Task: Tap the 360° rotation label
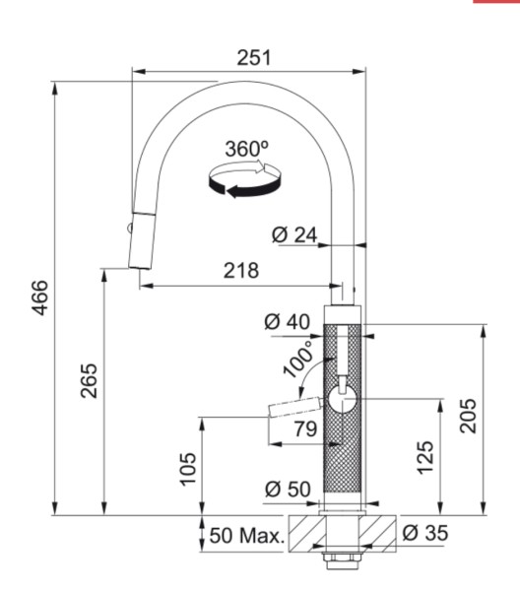[x=246, y=149]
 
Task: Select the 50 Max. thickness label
[x=245, y=537]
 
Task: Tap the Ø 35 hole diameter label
[x=424, y=534]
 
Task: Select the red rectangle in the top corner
[x=496, y=3]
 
